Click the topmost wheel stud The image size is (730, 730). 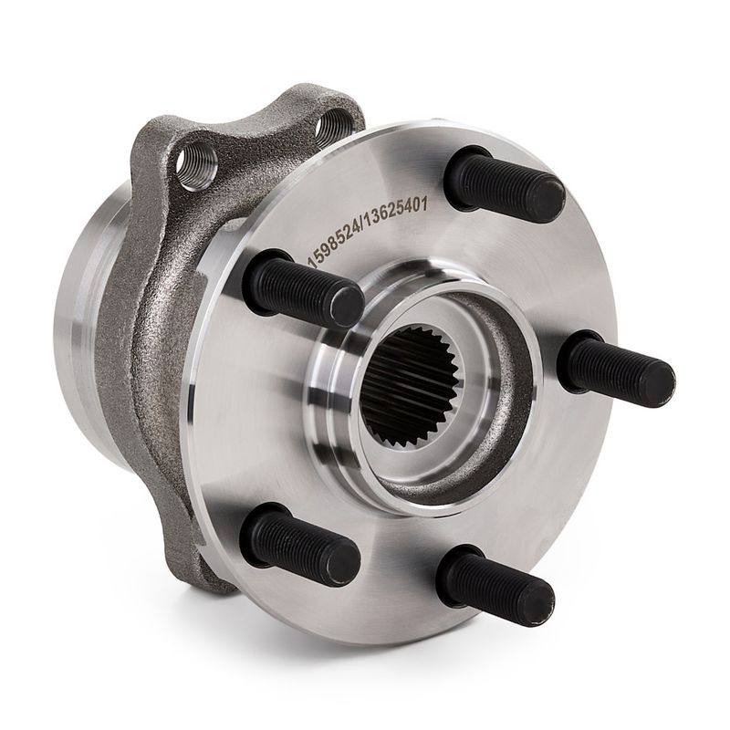coord(506,185)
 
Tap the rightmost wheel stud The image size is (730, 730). coord(616,369)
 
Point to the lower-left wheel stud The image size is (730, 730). coord(299,544)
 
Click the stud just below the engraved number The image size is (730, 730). coord(303,287)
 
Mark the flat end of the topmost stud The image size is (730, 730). coord(548,201)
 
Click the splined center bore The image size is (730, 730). coord(412,386)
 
